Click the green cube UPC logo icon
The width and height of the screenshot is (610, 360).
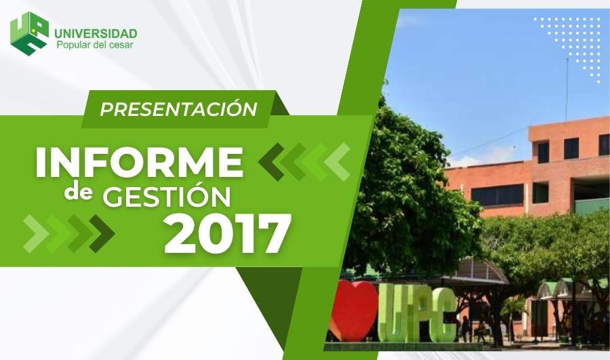30,33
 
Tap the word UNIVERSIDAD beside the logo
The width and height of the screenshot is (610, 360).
96,33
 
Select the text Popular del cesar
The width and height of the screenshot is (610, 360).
95,45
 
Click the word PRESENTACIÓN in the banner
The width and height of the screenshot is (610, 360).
178,109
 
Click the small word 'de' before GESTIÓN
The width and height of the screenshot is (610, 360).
78,193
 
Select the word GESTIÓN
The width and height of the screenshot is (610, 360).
167,196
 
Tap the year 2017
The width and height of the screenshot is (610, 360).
228,233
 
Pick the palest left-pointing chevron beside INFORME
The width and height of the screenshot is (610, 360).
338,162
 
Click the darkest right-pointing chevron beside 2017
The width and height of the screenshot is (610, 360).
102,233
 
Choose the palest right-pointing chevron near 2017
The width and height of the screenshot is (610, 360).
36,233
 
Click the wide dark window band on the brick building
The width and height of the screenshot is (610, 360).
497,195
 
